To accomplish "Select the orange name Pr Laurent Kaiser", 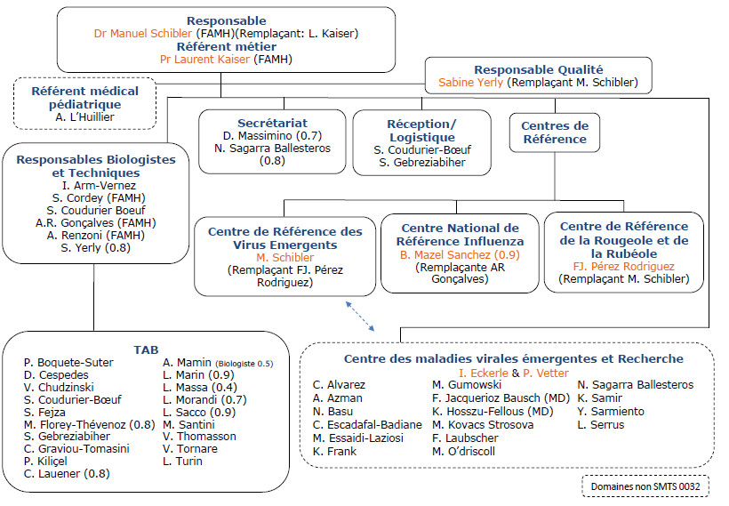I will pos(205,60).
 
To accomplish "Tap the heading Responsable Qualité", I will pos(539,69).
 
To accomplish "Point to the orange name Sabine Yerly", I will pos(471,83).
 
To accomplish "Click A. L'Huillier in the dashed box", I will pos(85,116).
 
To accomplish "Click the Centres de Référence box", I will pos(555,132).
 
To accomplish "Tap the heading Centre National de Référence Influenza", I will pos(460,235).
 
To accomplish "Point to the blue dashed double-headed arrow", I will pos(359,316).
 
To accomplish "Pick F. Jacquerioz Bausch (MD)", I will pos(501,398).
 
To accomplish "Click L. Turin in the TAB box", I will pos(182,462).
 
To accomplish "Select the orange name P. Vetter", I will pos(551,372).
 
